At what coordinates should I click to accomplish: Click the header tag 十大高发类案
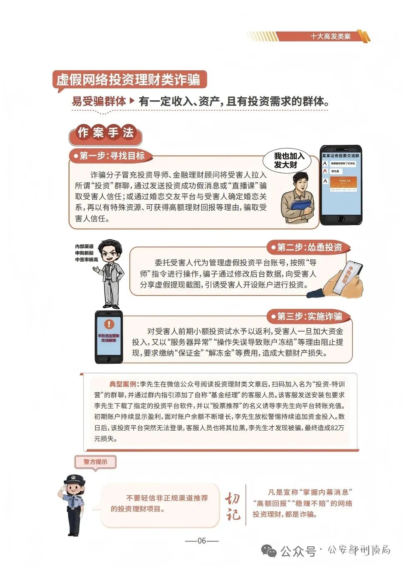tap(330, 37)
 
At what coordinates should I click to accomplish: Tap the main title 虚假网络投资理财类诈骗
tap(129, 79)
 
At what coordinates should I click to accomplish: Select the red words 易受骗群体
tap(99, 101)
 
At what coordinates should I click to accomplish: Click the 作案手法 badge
tap(105, 133)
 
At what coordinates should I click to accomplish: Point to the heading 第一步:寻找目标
tap(112, 156)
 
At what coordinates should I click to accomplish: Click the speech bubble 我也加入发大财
tap(289, 160)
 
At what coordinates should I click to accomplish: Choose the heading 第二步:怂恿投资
tap(309, 247)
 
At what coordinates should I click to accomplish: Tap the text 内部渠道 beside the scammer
tap(84, 247)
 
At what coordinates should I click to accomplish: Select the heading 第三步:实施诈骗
tap(309, 316)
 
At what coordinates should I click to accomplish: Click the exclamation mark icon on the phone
tap(109, 324)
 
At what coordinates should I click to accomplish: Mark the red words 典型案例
tap(123, 384)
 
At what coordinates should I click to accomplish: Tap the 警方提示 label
tap(95, 462)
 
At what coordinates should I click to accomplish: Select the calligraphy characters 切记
tap(233, 506)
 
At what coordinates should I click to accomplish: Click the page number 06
tap(202, 541)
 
